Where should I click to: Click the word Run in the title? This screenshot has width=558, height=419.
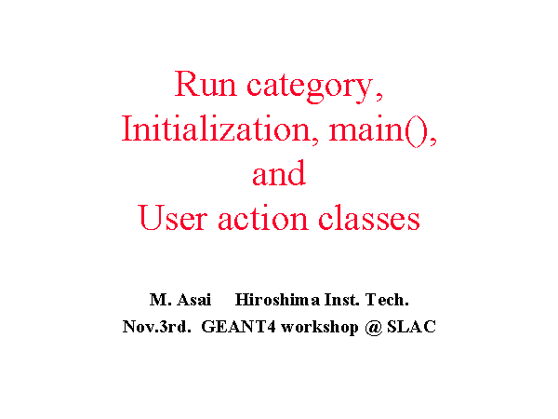[206, 84]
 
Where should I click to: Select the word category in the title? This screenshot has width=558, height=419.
[310, 87]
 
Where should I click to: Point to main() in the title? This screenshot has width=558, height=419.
[378, 130]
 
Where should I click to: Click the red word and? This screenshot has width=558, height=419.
[279, 173]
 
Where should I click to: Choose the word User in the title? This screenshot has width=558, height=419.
[173, 217]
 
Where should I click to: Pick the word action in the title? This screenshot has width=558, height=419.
[263, 218]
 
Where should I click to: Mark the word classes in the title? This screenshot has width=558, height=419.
[369, 217]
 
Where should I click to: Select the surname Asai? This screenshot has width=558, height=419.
[194, 299]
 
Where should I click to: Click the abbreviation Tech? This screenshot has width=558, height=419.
[387, 299]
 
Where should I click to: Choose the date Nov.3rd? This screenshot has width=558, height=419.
[157, 327]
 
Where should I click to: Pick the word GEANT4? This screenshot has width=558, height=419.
[238, 327]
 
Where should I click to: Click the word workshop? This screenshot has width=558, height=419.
[320, 328]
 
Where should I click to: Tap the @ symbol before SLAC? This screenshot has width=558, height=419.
[373, 328]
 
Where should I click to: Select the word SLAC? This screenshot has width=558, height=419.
[411, 327]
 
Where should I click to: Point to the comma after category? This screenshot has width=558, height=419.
[379, 97]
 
